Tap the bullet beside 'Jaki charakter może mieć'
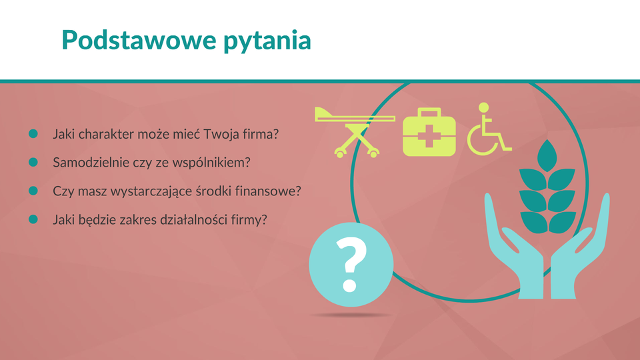point(33,133)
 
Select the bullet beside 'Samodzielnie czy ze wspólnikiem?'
point(33,162)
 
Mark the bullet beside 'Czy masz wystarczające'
point(33,191)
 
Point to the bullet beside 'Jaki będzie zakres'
point(33,219)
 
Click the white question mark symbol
point(351,265)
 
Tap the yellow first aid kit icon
point(429,132)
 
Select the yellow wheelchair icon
point(489,129)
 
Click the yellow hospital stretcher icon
point(355,132)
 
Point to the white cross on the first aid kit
point(429,136)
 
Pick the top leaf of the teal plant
point(547,155)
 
